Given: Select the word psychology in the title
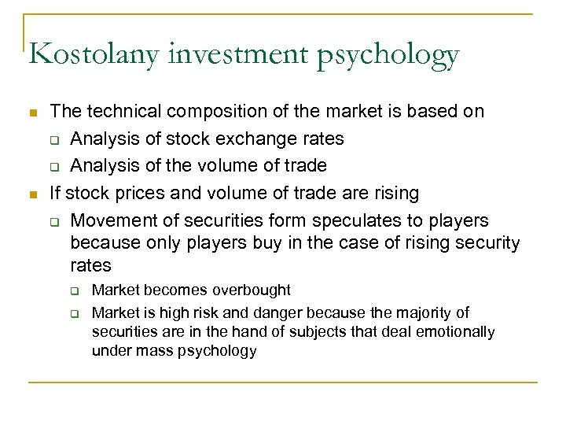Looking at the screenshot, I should click(x=385, y=55).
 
